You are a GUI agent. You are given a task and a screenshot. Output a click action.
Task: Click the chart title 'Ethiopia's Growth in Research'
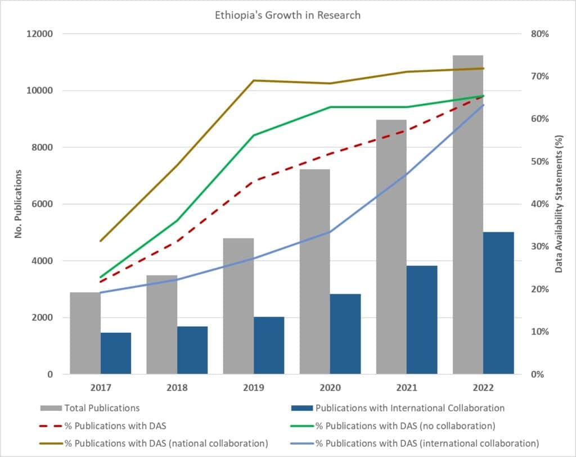(x=287, y=15)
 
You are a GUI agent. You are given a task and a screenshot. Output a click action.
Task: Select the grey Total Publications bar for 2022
(x=468, y=214)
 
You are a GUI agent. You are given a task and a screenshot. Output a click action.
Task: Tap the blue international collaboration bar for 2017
(x=116, y=353)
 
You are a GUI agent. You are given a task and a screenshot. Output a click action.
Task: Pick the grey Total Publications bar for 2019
(x=238, y=306)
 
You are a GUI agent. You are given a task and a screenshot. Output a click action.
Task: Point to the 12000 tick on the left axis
(x=40, y=34)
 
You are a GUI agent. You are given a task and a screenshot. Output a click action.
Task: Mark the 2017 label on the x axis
(x=101, y=388)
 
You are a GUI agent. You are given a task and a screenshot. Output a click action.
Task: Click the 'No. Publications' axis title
(x=18, y=203)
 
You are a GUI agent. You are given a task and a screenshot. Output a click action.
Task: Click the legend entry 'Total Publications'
(x=102, y=408)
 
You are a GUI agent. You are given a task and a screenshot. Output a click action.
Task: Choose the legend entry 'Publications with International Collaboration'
(x=409, y=408)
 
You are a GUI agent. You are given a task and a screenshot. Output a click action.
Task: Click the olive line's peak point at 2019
(x=254, y=80)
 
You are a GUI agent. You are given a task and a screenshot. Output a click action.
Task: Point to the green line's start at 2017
(x=101, y=277)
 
